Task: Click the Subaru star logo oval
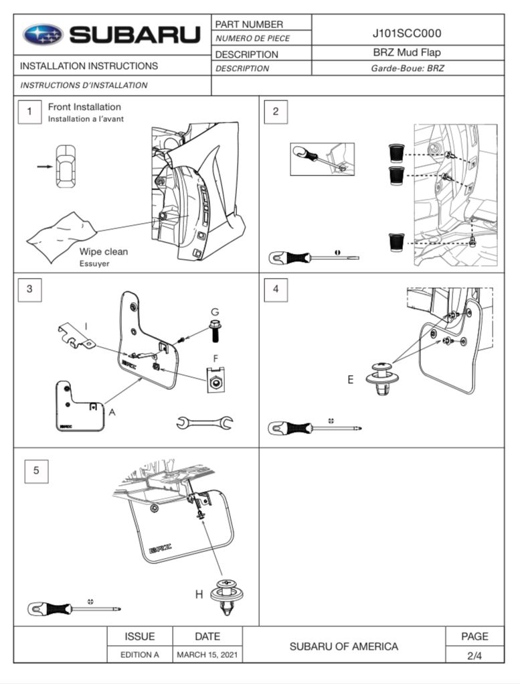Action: pyautogui.click(x=43, y=35)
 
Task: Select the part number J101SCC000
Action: pyautogui.click(x=407, y=33)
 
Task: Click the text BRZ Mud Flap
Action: pyautogui.click(x=407, y=52)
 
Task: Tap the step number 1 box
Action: pyautogui.click(x=29, y=112)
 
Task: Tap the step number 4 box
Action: pyautogui.click(x=276, y=290)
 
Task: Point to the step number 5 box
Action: pyautogui.click(x=36, y=471)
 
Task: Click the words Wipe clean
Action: pyautogui.click(x=104, y=252)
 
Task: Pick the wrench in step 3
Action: pyautogui.click(x=205, y=421)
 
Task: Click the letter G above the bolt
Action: pyautogui.click(x=215, y=312)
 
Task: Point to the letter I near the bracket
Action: pyautogui.click(x=86, y=327)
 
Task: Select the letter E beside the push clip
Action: pyautogui.click(x=350, y=380)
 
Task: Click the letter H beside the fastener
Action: pyautogui.click(x=199, y=594)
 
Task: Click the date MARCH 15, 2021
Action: pyautogui.click(x=207, y=655)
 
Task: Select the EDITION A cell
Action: pyautogui.click(x=140, y=655)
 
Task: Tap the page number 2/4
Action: pyautogui.click(x=474, y=656)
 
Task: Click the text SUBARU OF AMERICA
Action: pyautogui.click(x=343, y=646)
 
